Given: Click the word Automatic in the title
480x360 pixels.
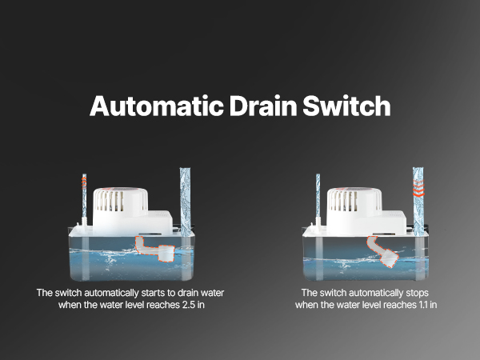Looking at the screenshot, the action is coord(156,106).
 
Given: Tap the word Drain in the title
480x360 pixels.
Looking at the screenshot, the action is coord(263,106).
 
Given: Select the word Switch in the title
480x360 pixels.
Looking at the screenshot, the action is coord(346,106).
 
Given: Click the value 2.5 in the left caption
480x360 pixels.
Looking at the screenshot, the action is coord(188,305).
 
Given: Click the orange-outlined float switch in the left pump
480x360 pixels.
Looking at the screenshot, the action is coord(155,250).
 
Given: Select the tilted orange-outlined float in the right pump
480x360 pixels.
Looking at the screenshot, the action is coord(383,252).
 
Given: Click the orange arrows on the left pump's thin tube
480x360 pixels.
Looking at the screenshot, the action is coord(84,182).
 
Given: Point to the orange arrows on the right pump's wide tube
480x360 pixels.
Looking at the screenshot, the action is coord(418,188).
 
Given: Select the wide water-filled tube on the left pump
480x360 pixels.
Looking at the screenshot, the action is coord(185,202).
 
